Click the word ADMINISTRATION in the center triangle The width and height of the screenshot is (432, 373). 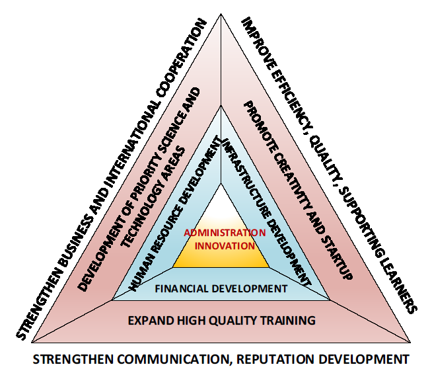point(225,233)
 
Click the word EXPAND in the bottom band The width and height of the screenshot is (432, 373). point(145,321)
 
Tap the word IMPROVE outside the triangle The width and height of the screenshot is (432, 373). point(255,42)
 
